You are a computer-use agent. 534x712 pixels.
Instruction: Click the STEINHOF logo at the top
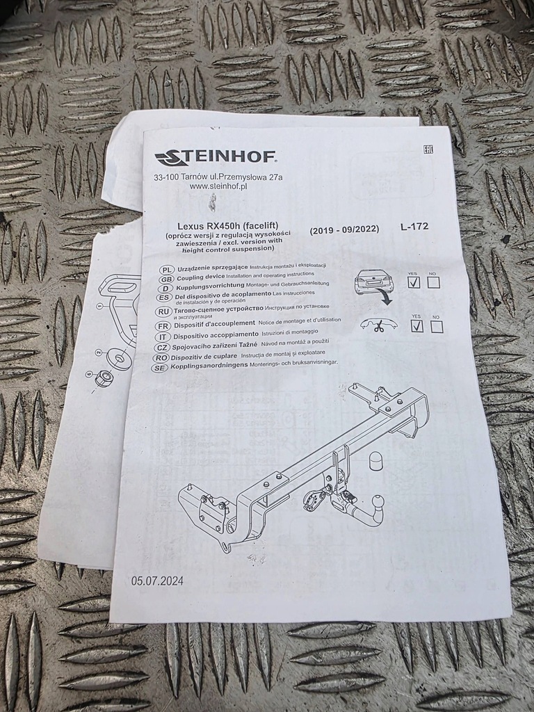[214, 158]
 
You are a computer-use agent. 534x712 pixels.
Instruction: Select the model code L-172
[414, 226]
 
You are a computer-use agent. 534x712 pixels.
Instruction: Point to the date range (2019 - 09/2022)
[344, 229]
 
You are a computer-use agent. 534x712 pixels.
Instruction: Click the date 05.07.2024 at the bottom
[157, 581]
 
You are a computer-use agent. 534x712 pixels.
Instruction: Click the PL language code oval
[165, 269]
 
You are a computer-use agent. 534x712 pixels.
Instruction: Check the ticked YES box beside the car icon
[414, 282]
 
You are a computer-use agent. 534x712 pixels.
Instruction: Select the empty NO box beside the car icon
[433, 282]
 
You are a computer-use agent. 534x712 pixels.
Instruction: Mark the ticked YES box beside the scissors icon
[417, 326]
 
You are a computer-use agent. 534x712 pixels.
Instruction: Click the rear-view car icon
[373, 281]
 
